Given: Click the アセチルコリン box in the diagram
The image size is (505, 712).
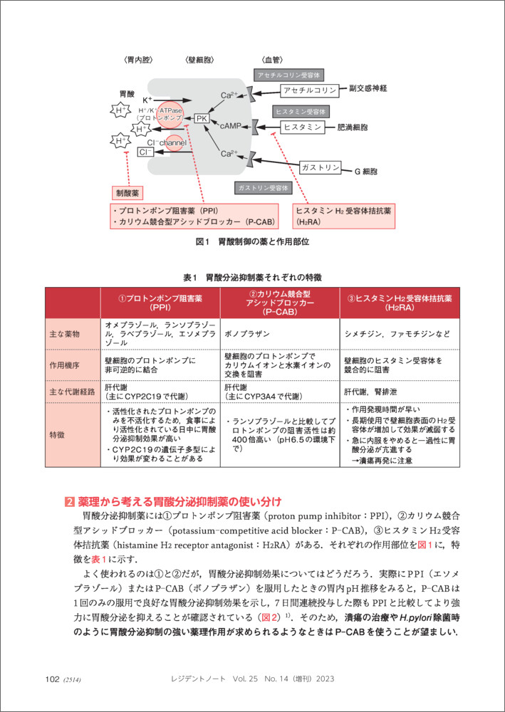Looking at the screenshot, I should [309, 90].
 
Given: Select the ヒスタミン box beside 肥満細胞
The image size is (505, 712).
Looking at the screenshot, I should [303, 126].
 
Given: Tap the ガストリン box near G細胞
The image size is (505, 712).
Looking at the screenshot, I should [320, 167].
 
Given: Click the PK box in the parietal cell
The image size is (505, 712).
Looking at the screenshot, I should [202, 119].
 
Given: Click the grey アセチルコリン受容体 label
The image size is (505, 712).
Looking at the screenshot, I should [290, 74].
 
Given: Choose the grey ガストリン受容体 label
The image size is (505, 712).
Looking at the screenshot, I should [264, 187].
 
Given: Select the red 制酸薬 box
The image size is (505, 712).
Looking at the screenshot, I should [128, 192].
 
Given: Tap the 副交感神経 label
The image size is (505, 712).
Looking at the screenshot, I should [368, 88].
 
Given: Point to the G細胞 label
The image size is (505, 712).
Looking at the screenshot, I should [366, 172].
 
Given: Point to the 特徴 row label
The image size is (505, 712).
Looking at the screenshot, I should [57, 434].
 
